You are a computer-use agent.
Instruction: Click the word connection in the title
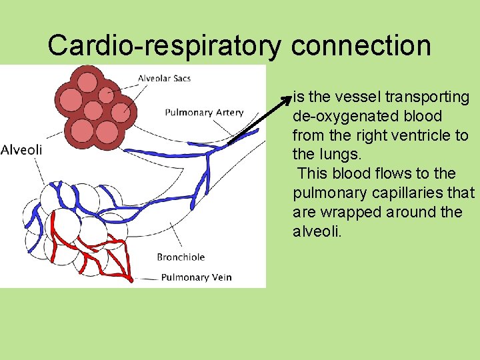pos(361,46)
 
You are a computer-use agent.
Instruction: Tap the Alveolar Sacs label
pos(164,79)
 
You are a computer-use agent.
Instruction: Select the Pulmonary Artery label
pos(204,113)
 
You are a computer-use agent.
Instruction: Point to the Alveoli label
pos(21,150)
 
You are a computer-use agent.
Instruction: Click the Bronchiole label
pos(181,257)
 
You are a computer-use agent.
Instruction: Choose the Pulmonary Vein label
pos(196,277)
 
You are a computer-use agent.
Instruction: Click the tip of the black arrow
pos(291,97)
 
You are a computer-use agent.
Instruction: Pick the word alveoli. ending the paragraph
pos(317,231)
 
